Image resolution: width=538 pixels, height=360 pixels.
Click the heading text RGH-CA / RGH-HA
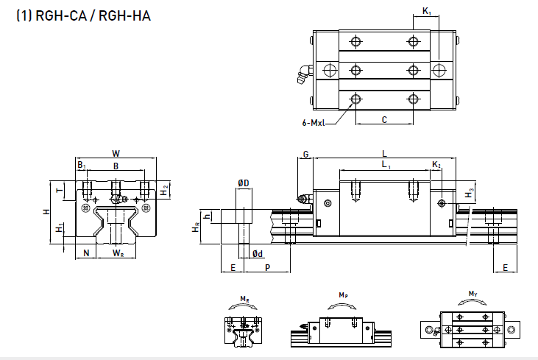[82, 15]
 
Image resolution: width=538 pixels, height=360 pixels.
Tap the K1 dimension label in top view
[427, 11]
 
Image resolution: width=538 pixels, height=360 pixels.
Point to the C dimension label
[384, 119]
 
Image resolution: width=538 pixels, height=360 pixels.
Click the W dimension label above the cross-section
[116, 153]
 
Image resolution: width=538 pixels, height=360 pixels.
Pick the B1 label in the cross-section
[82, 166]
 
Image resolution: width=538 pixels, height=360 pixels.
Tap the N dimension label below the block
[86, 253]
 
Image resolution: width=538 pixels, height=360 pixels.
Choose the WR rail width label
[118, 253]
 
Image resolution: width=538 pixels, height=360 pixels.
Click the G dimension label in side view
[305, 154]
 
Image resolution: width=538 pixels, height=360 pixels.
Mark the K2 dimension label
[436, 166]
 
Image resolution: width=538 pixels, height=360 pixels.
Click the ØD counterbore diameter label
[243, 182]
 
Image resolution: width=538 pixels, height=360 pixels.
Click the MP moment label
[343, 295]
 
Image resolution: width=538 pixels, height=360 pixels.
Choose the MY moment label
[472, 294]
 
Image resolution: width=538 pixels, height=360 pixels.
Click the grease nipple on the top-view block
[302, 72]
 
